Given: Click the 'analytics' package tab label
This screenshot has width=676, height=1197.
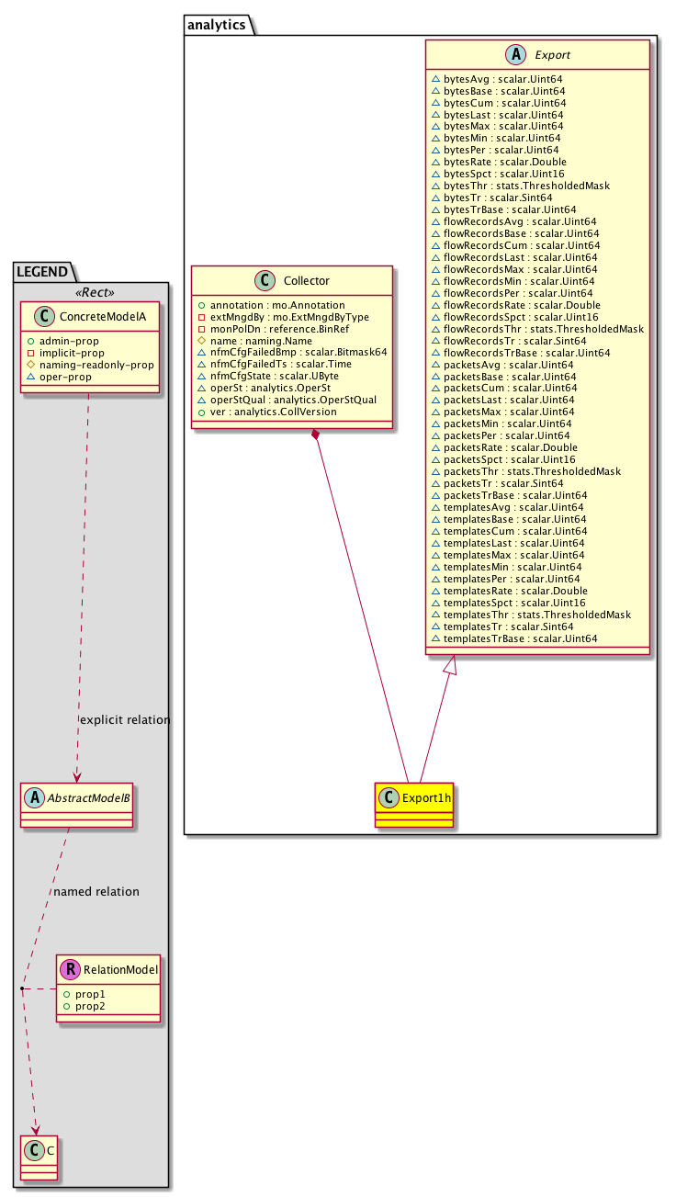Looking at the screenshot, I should [216, 24].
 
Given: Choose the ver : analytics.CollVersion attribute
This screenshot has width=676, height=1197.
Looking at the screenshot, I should [273, 412].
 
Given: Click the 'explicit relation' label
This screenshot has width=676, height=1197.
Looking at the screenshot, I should [125, 720].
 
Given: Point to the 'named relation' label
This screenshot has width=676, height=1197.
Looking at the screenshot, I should [96, 892].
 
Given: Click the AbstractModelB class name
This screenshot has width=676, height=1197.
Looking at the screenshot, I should [88, 797].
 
